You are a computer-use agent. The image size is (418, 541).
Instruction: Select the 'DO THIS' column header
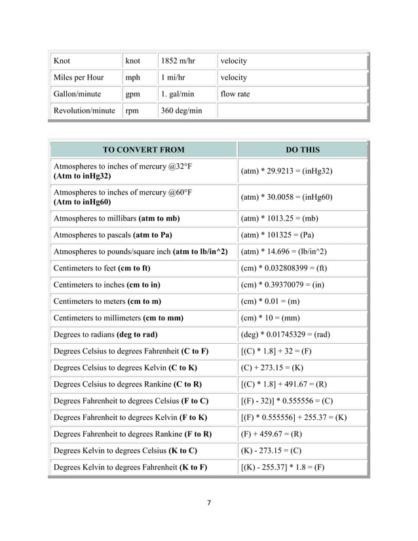(x=303, y=149)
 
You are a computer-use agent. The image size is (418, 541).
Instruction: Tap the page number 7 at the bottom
(x=208, y=503)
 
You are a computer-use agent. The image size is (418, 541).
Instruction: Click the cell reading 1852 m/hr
(x=178, y=61)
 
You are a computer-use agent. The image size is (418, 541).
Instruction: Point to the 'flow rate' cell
(x=235, y=94)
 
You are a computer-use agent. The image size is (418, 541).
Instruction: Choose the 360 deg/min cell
(x=181, y=111)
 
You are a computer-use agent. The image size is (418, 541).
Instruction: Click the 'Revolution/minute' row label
(x=85, y=111)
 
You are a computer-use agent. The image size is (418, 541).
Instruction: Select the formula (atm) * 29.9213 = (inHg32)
(x=286, y=171)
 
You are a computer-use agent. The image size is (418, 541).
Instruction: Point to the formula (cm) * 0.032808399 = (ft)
(x=284, y=268)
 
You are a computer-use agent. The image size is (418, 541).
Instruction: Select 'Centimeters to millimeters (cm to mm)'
(x=118, y=318)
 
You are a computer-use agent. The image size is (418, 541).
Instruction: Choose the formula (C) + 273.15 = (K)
(x=272, y=367)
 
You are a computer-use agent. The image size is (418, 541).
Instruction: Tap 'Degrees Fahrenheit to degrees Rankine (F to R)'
(x=132, y=434)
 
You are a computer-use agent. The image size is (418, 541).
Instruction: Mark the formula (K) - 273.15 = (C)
(x=271, y=451)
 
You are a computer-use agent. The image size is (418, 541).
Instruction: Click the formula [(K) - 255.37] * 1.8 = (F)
(x=282, y=467)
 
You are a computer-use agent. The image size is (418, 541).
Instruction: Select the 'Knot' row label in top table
(x=62, y=61)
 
